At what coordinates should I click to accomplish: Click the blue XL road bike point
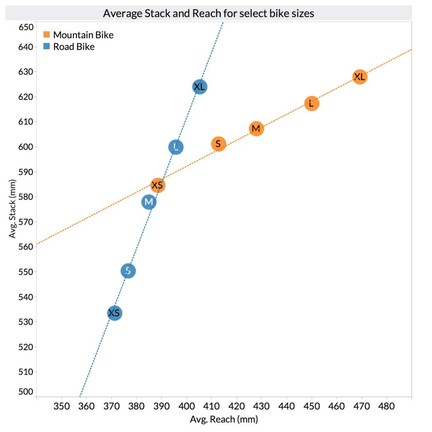tap(200, 87)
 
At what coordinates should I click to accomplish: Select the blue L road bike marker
tap(176, 147)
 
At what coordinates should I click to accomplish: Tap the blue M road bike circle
tap(148, 202)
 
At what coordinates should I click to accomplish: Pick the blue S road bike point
tap(128, 271)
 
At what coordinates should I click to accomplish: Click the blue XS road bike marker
tap(114, 313)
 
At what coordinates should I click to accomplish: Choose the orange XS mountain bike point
tap(157, 185)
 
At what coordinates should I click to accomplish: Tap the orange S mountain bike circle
tap(218, 144)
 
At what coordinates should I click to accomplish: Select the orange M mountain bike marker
tap(256, 129)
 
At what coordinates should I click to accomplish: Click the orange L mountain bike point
tap(311, 103)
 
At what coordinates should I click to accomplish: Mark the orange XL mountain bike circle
tap(359, 77)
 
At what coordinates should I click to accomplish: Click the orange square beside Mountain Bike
tap(47, 35)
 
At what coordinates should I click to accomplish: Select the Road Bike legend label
tap(73, 47)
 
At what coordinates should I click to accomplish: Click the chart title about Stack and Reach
tap(208, 13)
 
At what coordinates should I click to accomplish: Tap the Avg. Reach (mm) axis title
tap(224, 419)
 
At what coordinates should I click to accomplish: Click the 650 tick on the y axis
tap(26, 27)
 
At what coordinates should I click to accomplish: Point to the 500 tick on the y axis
tap(26, 391)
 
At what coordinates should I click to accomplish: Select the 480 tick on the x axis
tap(387, 407)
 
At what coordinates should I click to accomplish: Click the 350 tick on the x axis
tap(62, 407)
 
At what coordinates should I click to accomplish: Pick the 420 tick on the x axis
tap(237, 407)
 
